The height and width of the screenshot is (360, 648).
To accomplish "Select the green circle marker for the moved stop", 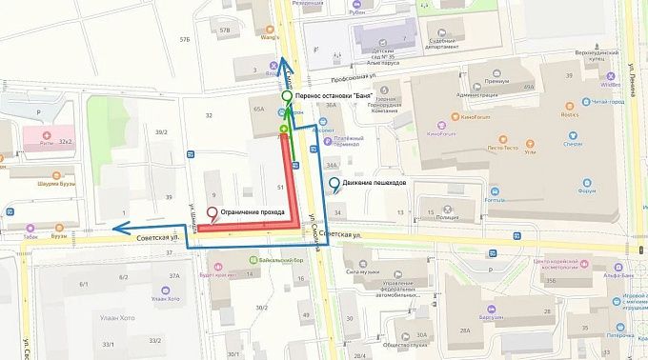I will click(286, 96).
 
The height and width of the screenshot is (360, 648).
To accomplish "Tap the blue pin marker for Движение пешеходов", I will click(333, 184).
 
